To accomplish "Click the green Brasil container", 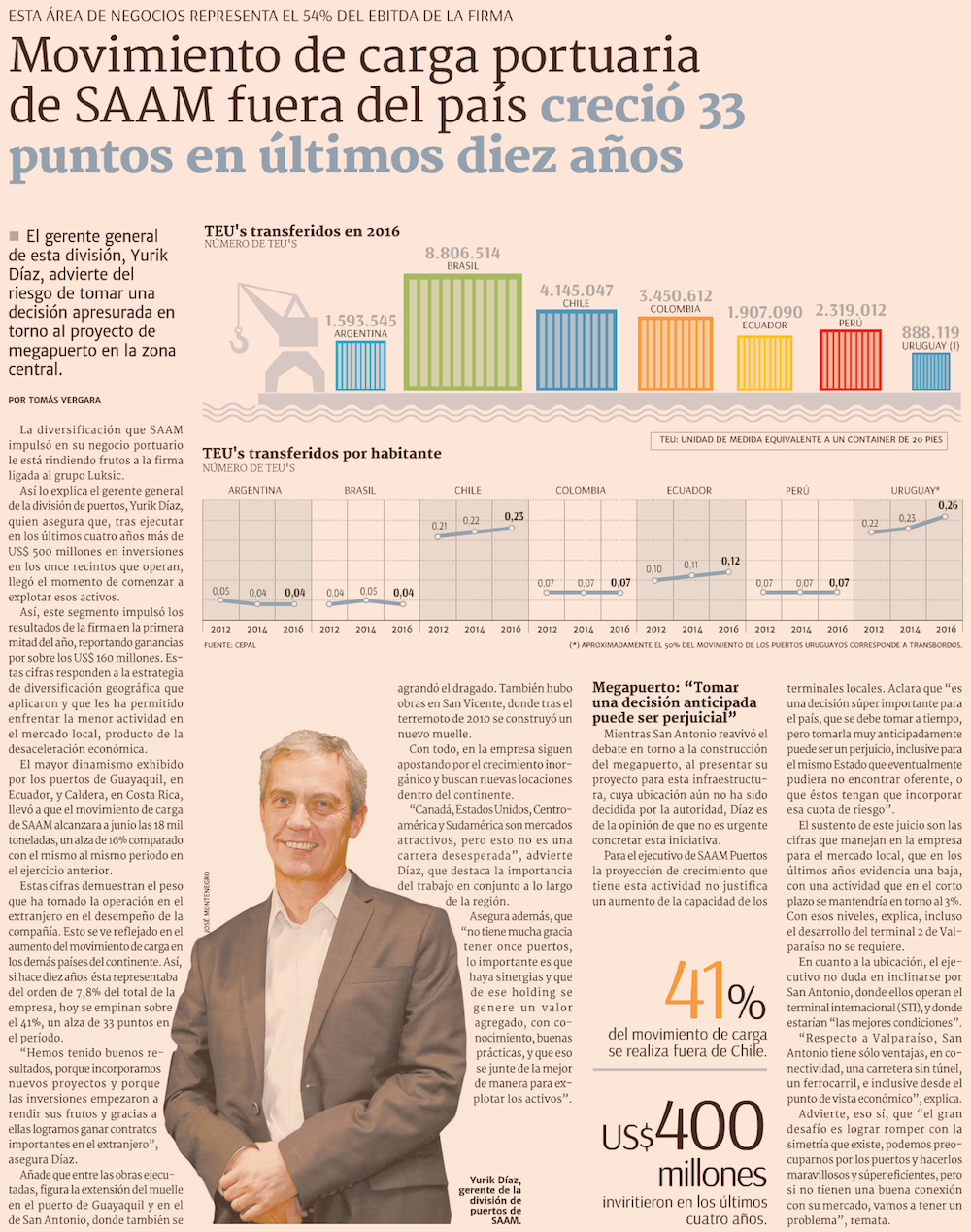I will [x=461, y=331].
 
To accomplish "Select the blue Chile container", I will [x=576, y=350].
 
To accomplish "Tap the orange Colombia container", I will [x=675, y=354].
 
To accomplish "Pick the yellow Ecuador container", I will [x=764, y=362].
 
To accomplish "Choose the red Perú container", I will [x=851, y=359].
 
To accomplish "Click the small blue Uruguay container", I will [x=930, y=371].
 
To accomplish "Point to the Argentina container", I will [x=360, y=364].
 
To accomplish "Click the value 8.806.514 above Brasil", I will [x=462, y=253].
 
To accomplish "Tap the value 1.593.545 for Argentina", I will [x=360, y=320].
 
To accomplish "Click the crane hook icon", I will [x=239, y=340].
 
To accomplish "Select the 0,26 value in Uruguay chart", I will [x=948, y=505].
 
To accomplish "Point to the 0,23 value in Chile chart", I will [x=514, y=516].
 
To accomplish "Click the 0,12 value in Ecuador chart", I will [x=730, y=561].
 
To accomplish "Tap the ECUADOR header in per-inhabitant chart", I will [x=688, y=490].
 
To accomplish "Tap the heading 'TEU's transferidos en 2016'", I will [x=301, y=231].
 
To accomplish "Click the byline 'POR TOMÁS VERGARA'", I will [x=54, y=400].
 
